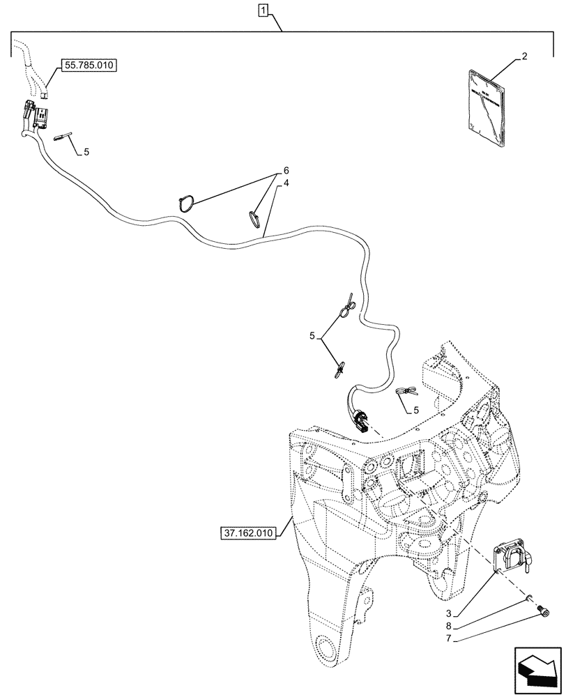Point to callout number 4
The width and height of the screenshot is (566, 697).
[x=285, y=183]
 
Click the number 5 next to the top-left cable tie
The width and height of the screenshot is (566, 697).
[x=86, y=151]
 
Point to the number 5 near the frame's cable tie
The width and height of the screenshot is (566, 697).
[x=415, y=411]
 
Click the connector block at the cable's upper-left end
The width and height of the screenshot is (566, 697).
[x=35, y=116]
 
